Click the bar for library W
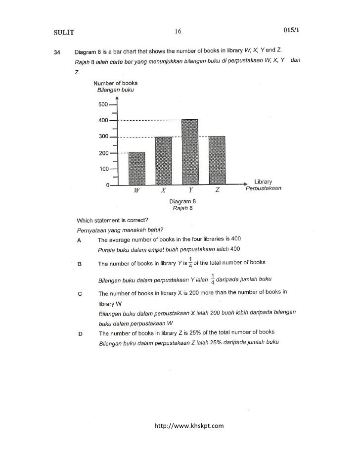136,169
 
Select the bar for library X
163,161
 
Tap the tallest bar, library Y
190,152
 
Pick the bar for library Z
217,161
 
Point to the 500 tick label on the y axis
102,105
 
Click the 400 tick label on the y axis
102,121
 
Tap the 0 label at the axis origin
107,186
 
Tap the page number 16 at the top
178,32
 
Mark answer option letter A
80,239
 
